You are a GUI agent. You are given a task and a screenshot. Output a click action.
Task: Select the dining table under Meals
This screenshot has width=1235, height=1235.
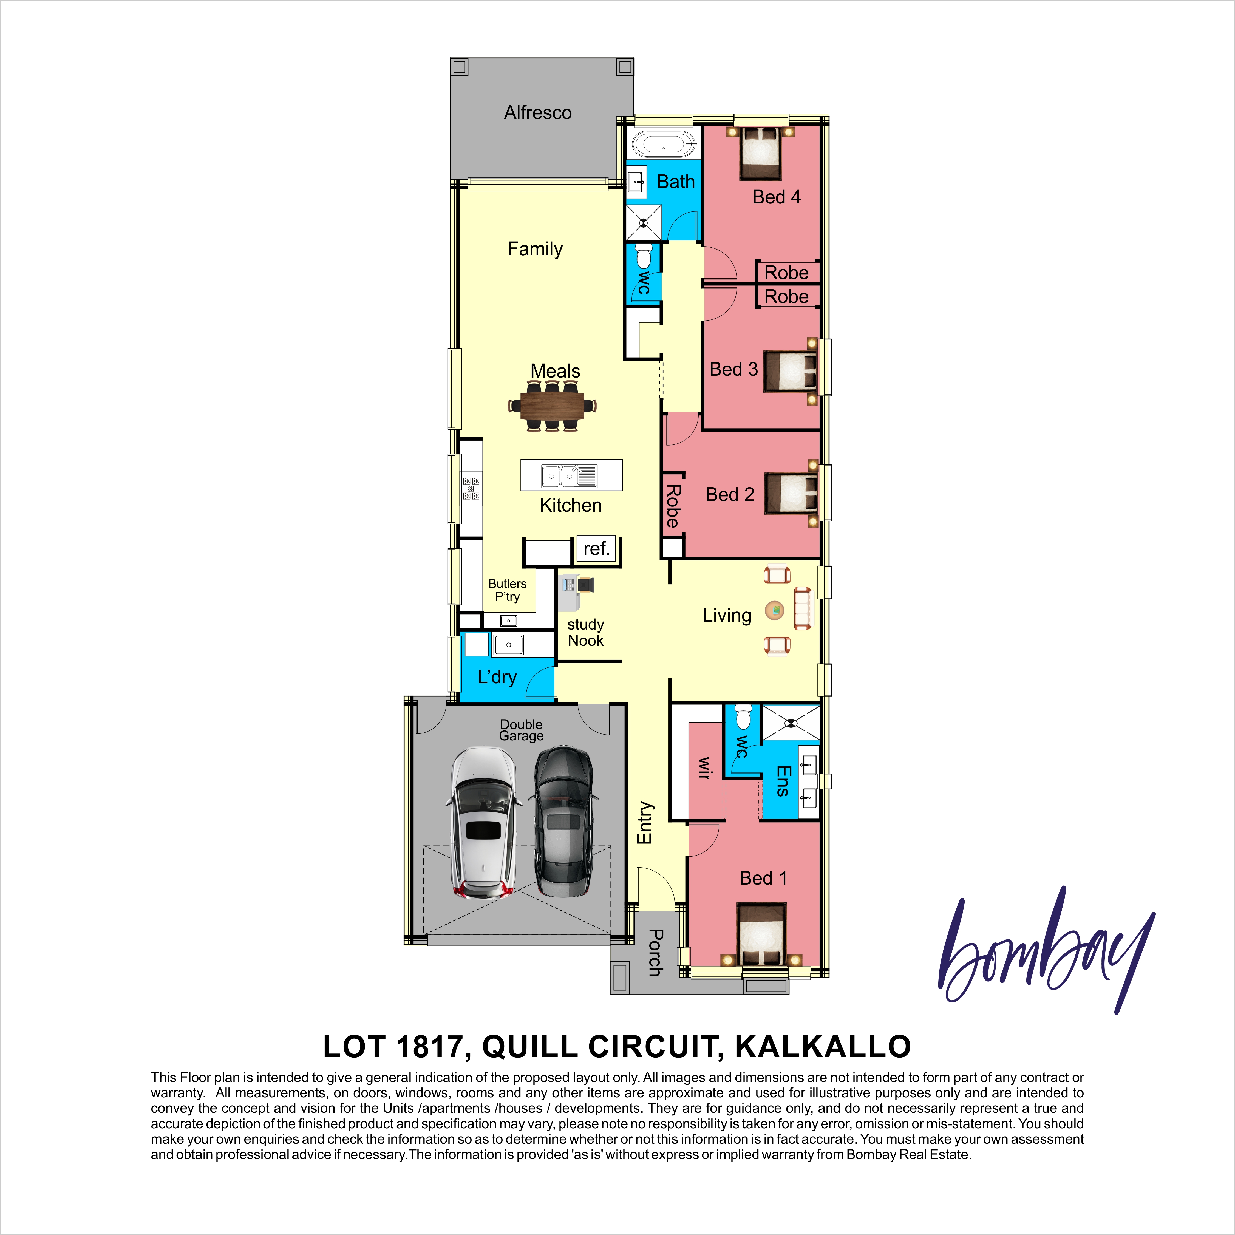click(x=552, y=405)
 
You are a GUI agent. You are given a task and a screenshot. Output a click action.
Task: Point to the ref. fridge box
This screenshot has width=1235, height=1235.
click(x=596, y=548)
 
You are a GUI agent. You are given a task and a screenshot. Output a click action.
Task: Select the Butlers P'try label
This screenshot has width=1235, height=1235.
click(x=508, y=590)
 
